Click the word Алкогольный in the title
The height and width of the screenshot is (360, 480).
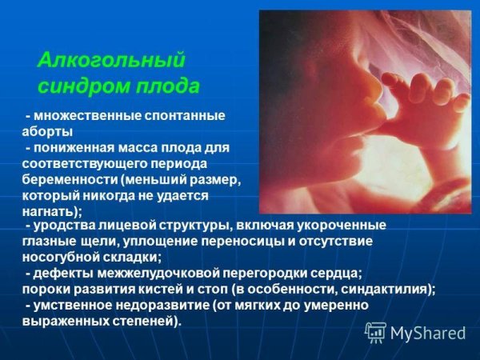(x=111, y=60)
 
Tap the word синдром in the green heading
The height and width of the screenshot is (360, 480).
(x=75, y=85)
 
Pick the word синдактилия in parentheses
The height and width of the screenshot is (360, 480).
(x=387, y=289)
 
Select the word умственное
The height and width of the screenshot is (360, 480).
(x=70, y=305)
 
